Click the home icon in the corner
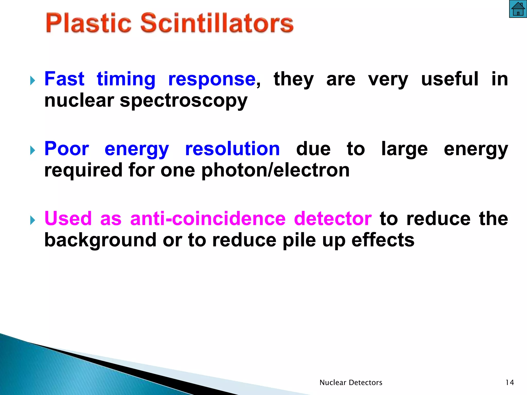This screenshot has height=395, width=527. click(x=518, y=9)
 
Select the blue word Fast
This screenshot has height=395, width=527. click(x=64, y=79)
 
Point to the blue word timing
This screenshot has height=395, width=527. click(x=126, y=79)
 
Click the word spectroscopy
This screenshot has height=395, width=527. click(x=183, y=101)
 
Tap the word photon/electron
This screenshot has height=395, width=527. click(x=275, y=170)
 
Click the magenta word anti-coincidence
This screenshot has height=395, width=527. click(x=208, y=219)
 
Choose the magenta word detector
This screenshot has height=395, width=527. click(x=333, y=219)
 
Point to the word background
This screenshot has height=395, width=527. click(x=100, y=240)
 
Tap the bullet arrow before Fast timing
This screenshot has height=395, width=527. click(x=32, y=80)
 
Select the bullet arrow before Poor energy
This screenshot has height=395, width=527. click(x=32, y=150)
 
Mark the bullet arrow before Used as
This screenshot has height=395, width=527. click(x=32, y=220)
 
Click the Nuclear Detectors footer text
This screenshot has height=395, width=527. click(x=351, y=383)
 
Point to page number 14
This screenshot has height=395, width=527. click(x=510, y=383)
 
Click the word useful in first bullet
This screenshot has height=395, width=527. click(x=450, y=79)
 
